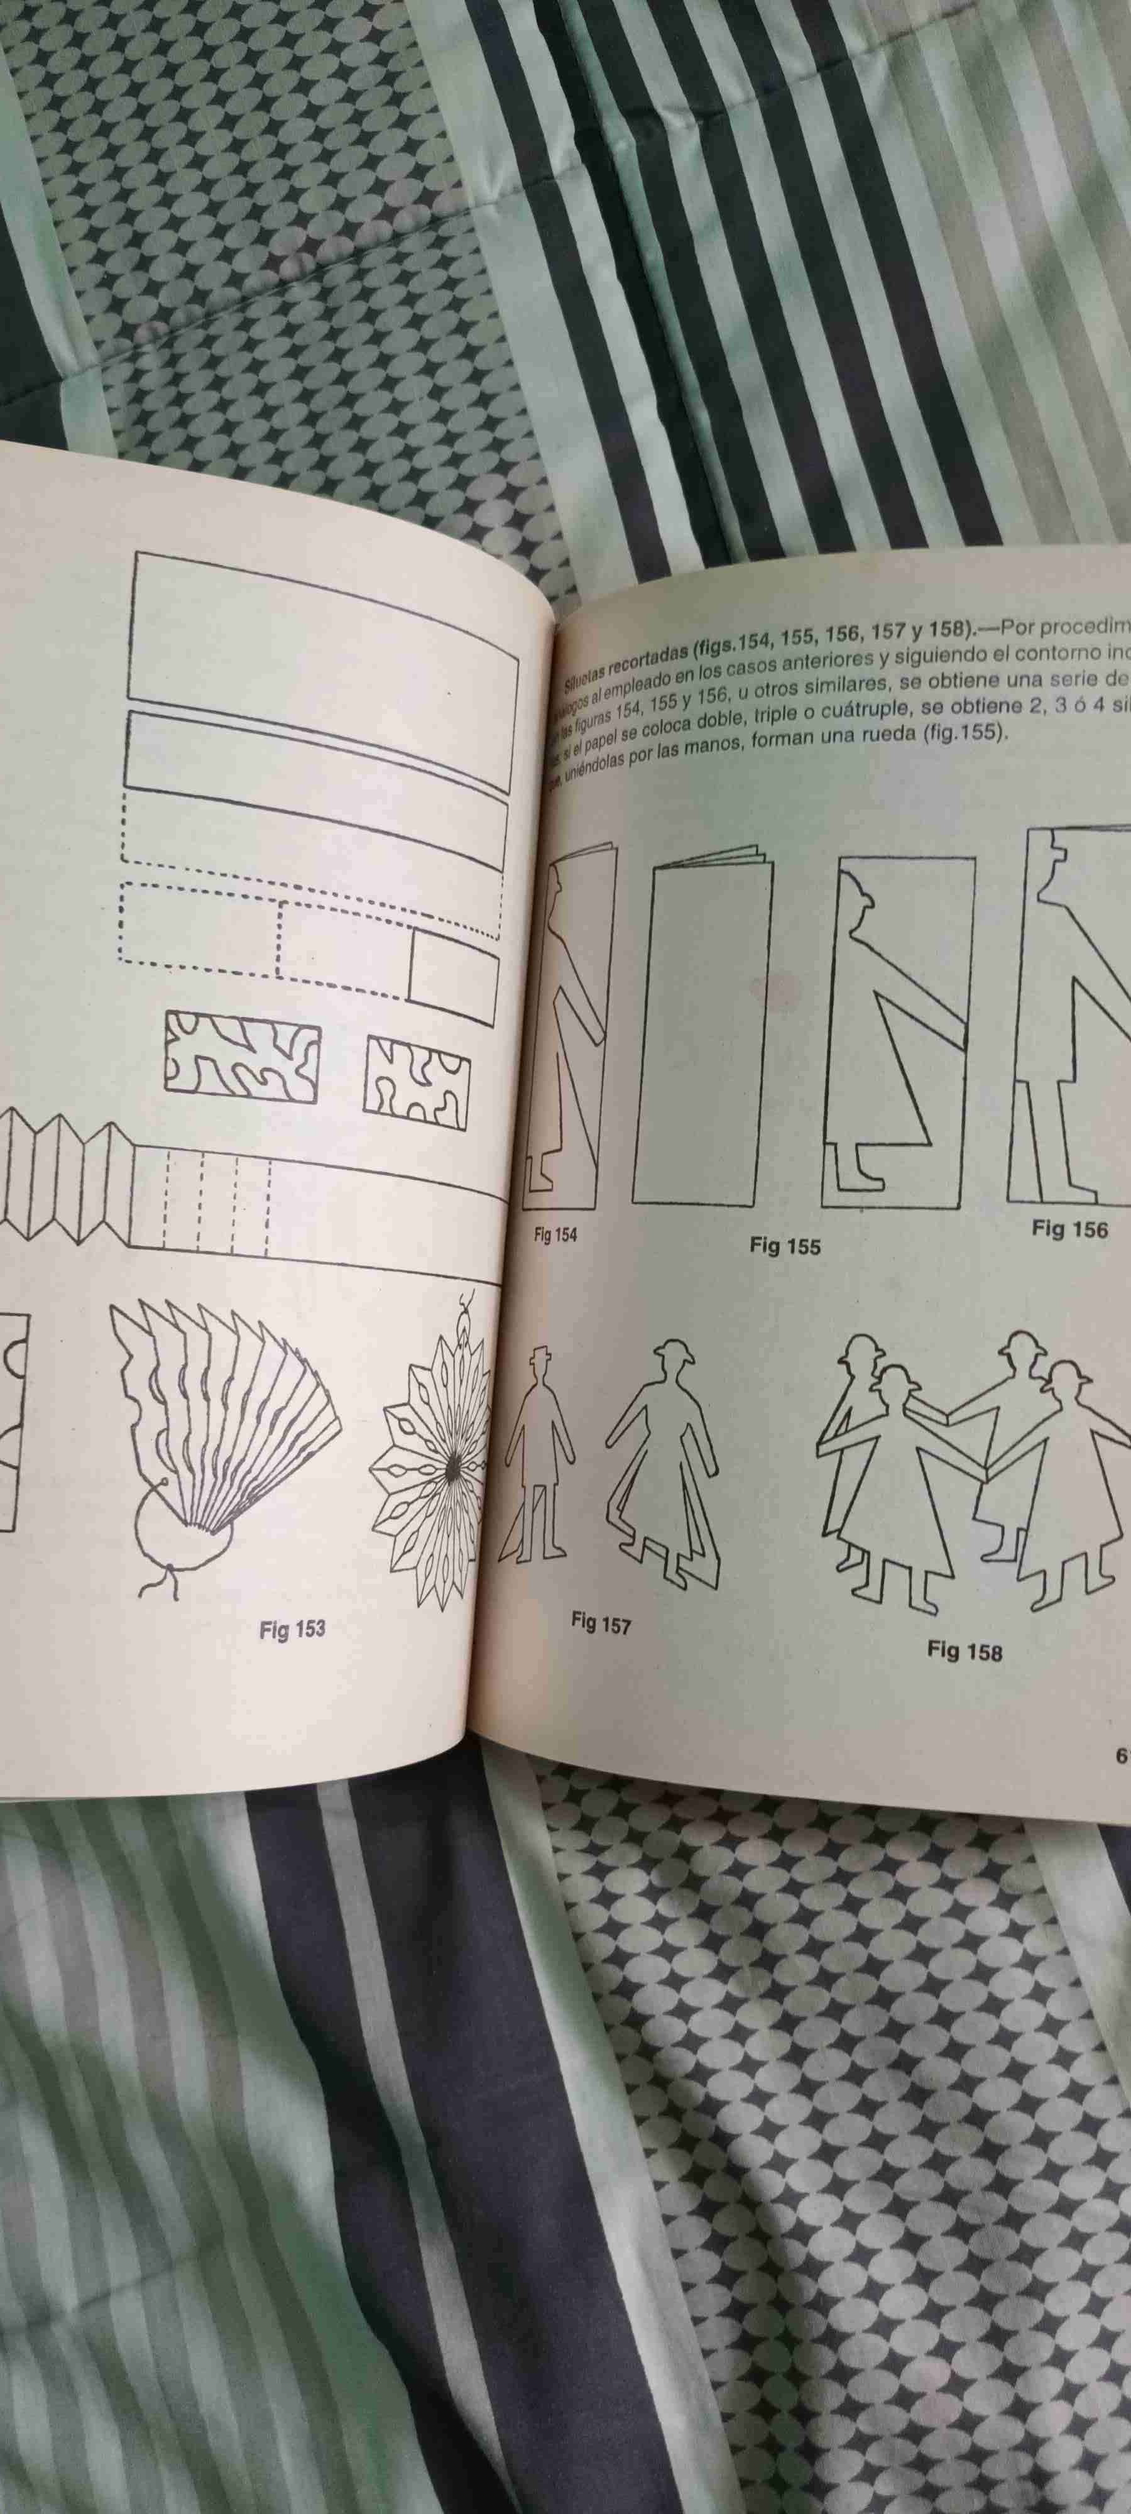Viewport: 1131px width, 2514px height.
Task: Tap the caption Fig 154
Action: pyautogui.click(x=555, y=1234)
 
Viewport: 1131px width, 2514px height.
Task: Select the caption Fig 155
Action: pyautogui.click(x=785, y=1246)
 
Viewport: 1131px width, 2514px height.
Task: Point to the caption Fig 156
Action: pyautogui.click(x=1069, y=1230)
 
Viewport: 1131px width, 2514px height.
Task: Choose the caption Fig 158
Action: pyautogui.click(x=964, y=1650)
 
